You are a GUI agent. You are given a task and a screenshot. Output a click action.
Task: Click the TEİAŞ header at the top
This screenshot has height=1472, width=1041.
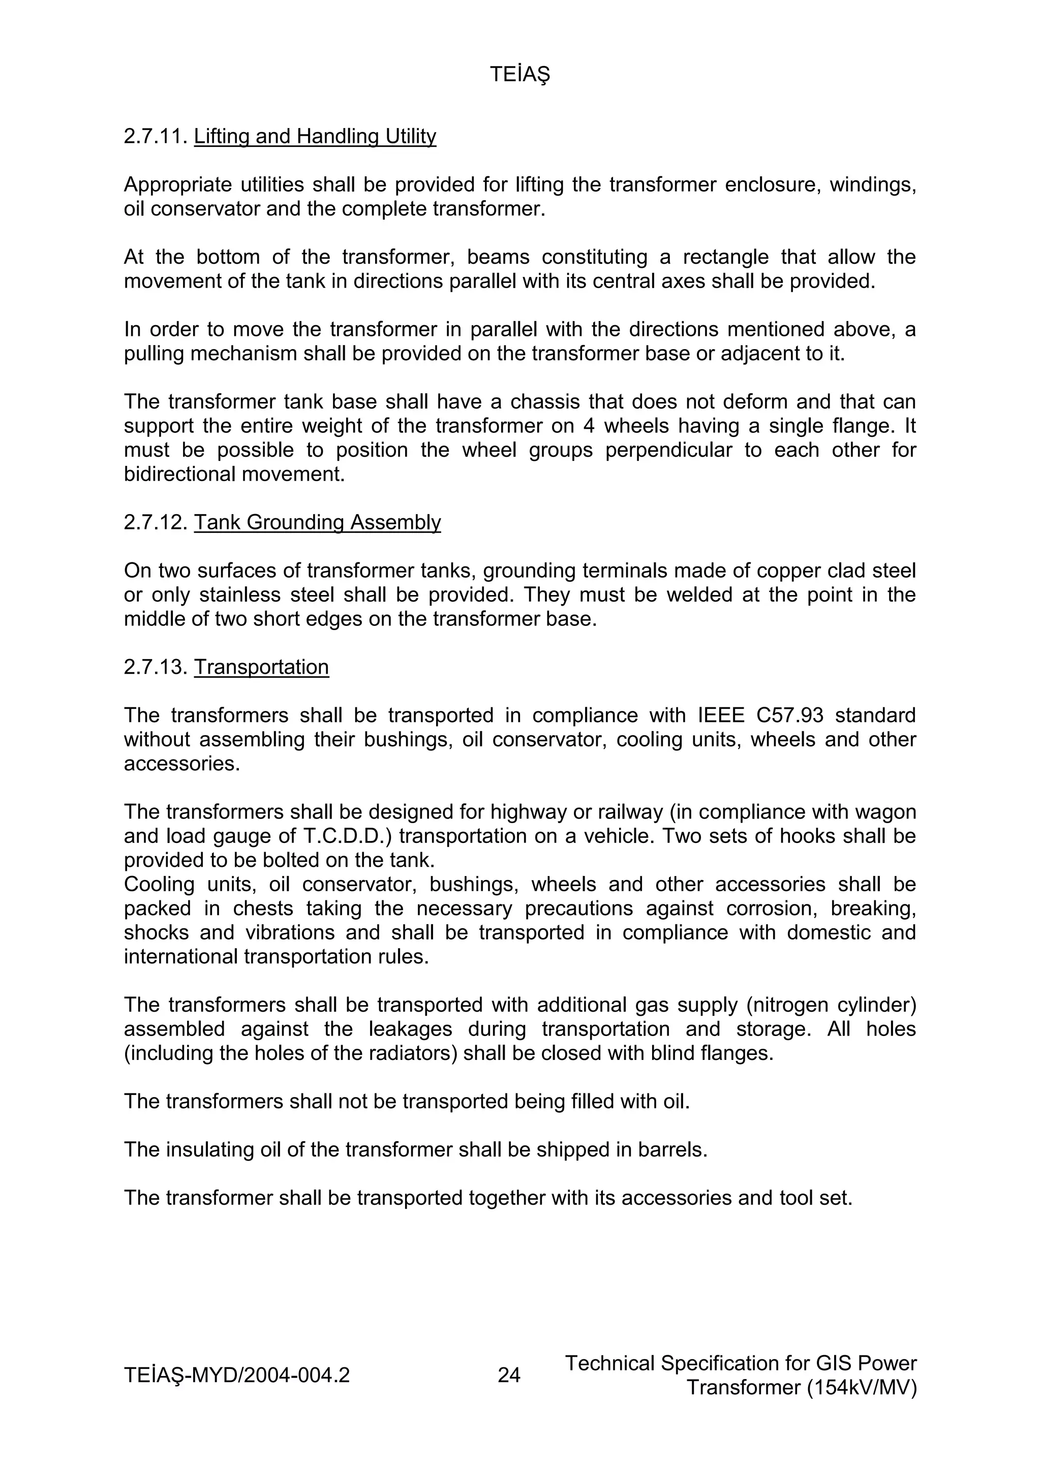[519, 75]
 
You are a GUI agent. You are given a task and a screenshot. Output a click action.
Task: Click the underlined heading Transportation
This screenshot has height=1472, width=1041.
[261, 667]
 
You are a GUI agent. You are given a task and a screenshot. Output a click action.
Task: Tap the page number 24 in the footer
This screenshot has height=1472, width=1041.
[509, 1375]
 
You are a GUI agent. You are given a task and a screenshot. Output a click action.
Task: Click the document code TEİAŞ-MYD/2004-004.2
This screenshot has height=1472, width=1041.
[237, 1375]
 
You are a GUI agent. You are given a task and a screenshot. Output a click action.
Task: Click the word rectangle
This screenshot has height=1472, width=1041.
[725, 257]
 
